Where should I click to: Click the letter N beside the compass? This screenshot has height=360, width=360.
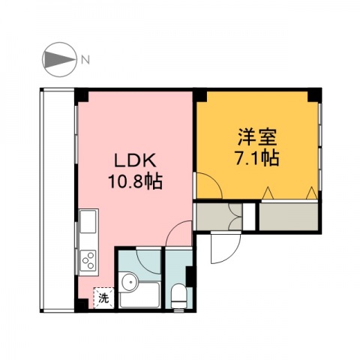85,58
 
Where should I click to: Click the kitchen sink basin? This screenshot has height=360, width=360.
87,222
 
